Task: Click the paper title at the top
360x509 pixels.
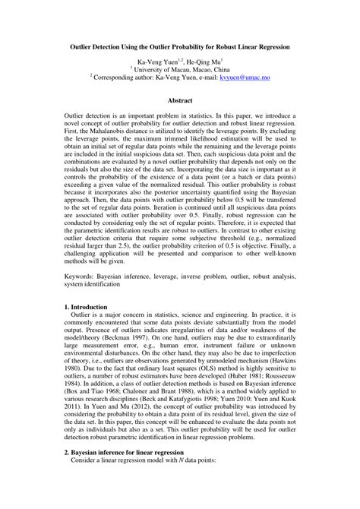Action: click(179, 46)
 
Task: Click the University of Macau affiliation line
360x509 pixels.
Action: click(180, 69)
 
